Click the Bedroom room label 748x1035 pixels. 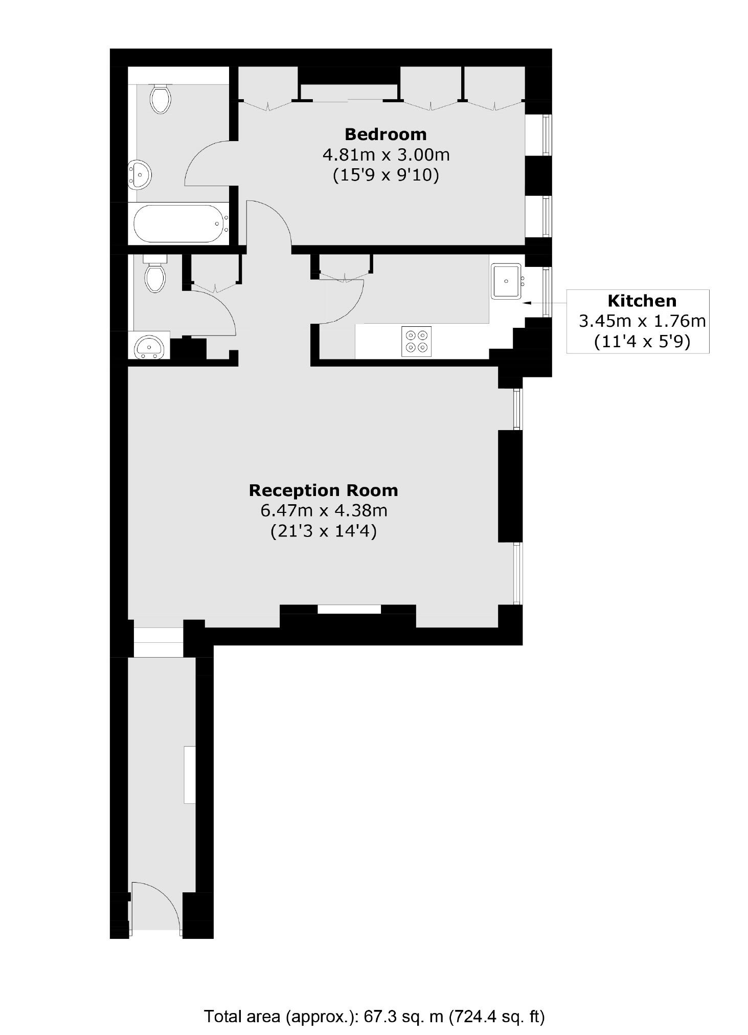coord(386,134)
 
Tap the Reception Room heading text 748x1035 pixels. coord(323,490)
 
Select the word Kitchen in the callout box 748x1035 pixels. coord(642,301)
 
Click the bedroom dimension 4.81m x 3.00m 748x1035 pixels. coord(386,154)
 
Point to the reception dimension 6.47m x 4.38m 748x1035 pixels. coord(323,510)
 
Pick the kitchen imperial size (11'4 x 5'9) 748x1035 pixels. coord(642,341)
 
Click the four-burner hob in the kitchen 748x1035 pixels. coord(416,341)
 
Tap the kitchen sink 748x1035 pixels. coord(506,281)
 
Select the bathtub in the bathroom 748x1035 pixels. coord(179,223)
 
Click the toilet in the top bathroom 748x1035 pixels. coord(160,99)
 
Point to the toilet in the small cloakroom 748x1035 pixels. coord(155,276)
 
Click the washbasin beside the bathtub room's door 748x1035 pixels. coord(139,174)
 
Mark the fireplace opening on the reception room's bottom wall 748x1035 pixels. coord(349,609)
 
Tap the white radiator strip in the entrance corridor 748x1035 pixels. coord(189,774)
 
